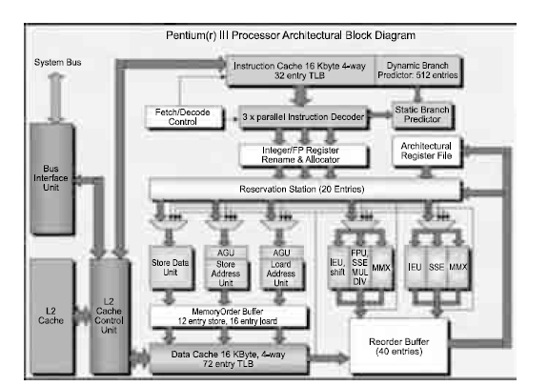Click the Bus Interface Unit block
52,178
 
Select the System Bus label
58,63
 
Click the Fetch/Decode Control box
184,117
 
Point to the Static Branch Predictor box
422,114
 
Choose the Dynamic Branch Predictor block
418,71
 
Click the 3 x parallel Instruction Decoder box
303,117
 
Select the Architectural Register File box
426,151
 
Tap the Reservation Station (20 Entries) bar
306,190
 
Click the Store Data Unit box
171,268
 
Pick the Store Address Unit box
226,268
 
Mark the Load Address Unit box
281,268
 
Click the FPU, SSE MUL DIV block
359,267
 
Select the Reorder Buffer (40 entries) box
399,346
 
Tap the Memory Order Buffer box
229,316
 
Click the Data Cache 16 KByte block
229,359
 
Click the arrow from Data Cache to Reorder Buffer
329,358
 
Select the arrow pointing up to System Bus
56,97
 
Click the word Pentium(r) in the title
192,35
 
